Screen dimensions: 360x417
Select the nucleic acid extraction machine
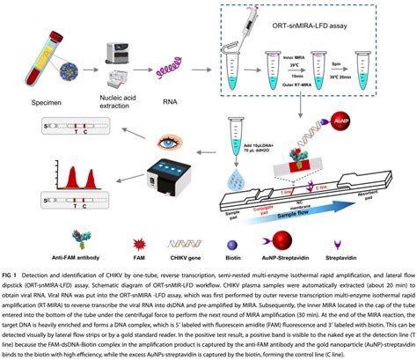[x=119, y=57]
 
